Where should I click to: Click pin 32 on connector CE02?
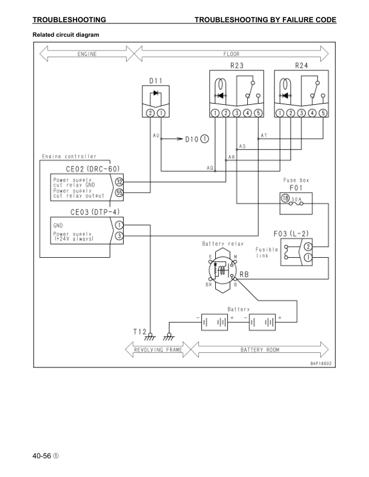(x=119, y=181)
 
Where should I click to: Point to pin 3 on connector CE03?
(x=119, y=236)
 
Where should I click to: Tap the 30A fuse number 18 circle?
(x=285, y=198)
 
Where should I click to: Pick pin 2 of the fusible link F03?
(x=308, y=246)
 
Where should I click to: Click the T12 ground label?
(x=139, y=331)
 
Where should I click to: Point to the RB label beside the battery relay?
(x=244, y=275)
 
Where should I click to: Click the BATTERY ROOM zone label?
(x=259, y=349)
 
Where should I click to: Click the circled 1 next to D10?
(x=205, y=138)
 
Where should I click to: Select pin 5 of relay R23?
(x=259, y=113)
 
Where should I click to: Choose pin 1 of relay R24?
(x=280, y=113)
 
